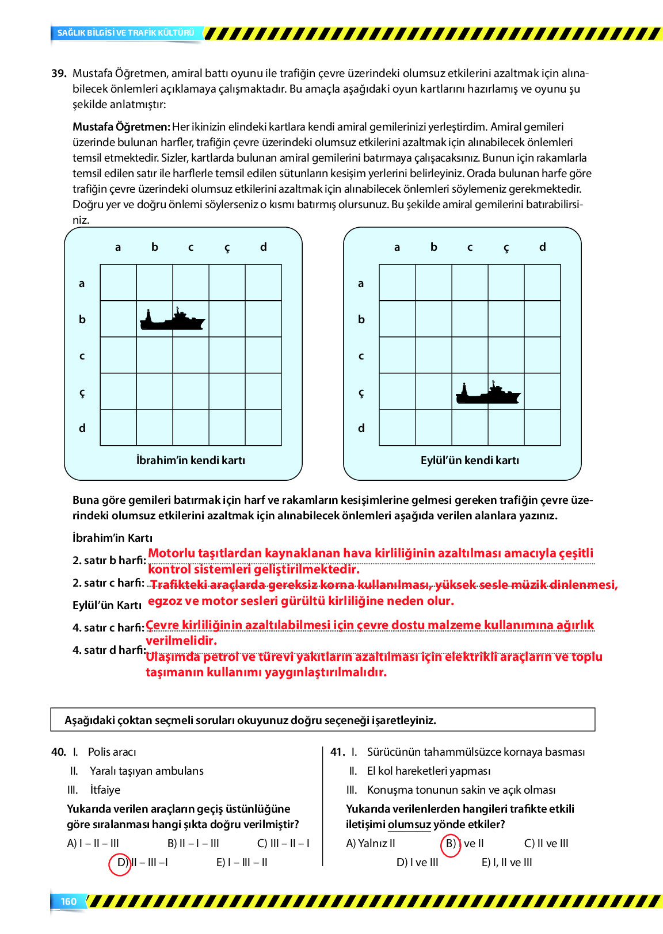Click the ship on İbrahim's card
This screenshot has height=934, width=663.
pos(172,319)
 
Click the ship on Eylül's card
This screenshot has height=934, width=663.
pos(488,393)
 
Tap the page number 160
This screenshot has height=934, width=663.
pos(68,901)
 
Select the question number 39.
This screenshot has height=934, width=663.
pos(59,74)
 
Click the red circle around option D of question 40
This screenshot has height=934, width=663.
pos(120,863)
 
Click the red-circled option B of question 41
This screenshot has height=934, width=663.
pos(451,844)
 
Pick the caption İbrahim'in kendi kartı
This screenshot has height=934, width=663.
pos(190,460)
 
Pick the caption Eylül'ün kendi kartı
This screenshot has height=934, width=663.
pos(470,460)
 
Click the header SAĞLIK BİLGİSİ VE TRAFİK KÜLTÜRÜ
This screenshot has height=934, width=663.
pos(125,33)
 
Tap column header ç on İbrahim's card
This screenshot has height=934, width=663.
pos(227,247)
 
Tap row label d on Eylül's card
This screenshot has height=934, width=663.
pos(361,428)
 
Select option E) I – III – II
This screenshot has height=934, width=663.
pos(242,862)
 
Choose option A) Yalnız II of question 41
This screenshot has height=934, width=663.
pos(371,843)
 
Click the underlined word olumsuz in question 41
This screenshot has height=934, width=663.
pos(409,824)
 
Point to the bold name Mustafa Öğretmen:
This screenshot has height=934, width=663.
pos(121,127)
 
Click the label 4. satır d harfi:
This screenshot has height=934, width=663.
pos(109,650)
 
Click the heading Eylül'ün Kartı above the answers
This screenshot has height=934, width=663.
pos(107,605)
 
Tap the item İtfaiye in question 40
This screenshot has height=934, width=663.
pos(105,790)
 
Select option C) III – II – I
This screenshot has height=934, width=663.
pos(283,843)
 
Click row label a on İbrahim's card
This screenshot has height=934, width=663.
pos(82,283)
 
